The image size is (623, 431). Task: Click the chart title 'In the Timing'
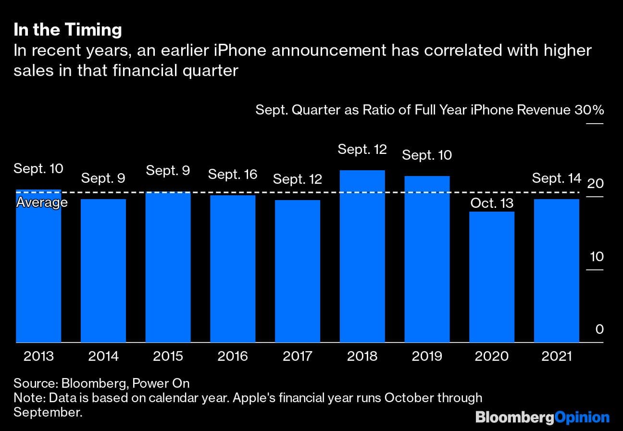pos(67,30)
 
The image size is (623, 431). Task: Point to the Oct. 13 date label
pos(492,203)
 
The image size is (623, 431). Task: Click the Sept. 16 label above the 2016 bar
pos(233,174)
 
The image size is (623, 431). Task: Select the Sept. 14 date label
pos(556,178)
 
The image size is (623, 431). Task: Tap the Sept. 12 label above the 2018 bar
pos(362,150)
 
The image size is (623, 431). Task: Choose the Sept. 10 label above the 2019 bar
pos(427,155)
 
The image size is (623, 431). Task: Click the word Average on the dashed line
pos(42,203)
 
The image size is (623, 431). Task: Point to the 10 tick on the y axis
pos(596,256)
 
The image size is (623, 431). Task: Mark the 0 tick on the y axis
pos(599,330)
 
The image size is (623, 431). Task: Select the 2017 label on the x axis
pos(297,356)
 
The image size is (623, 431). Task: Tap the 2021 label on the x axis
pos(556,356)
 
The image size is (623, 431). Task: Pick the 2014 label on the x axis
pos(103,356)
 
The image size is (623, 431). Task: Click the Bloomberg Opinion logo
pos(542,417)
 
